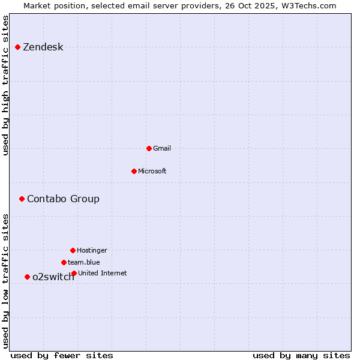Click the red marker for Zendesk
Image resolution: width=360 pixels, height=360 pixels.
click(x=17, y=47)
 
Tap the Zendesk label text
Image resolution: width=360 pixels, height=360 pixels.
click(x=43, y=47)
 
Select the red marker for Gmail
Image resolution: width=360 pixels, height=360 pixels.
click(x=149, y=148)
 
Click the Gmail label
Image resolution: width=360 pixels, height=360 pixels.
click(x=162, y=148)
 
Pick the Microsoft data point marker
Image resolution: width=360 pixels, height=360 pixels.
click(x=134, y=171)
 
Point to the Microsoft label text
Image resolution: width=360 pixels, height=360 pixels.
click(x=152, y=171)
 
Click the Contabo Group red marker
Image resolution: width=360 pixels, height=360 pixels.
click(x=22, y=199)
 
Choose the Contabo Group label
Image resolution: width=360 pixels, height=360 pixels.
click(x=63, y=199)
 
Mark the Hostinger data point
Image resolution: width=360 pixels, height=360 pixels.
click(x=73, y=250)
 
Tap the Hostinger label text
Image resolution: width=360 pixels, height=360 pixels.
click(x=92, y=250)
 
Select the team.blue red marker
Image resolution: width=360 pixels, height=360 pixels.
click(x=64, y=262)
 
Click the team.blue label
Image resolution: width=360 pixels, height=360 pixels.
click(x=84, y=262)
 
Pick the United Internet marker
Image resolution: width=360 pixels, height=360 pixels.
click(x=74, y=273)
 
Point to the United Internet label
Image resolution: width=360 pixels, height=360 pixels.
click(x=103, y=273)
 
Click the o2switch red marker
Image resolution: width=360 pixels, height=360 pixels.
click(x=27, y=277)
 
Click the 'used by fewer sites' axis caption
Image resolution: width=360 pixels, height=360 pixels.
click(x=62, y=355)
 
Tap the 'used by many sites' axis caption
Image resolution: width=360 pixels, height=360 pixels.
click(x=301, y=355)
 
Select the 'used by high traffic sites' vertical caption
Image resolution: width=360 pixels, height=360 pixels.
click(x=5, y=85)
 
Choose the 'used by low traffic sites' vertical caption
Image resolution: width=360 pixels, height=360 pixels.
click(x=5, y=281)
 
